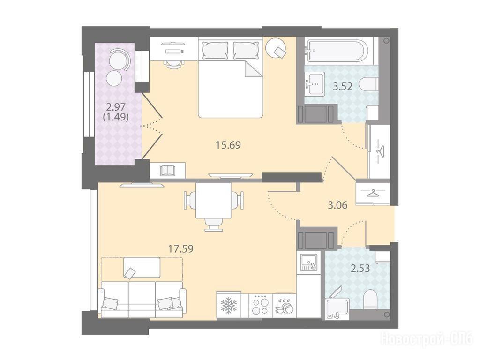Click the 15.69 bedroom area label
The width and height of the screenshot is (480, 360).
(228, 145)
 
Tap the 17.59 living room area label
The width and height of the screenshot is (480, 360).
(180, 248)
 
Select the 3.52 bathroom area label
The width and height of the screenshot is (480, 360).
(343, 87)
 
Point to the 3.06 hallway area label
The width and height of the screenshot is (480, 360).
(337, 205)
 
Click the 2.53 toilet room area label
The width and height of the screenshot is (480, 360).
(360, 269)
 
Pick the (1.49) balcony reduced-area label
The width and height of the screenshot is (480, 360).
(116, 117)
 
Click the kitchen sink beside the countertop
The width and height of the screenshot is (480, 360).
(308, 262)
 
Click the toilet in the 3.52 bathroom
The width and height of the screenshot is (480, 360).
(368, 84)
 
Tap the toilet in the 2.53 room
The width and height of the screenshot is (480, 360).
(370, 300)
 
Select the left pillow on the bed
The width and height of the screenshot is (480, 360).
(215, 50)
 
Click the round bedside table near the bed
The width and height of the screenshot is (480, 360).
(276, 48)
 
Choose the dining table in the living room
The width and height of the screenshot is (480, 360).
(214, 200)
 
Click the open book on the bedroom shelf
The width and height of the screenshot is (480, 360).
(167, 170)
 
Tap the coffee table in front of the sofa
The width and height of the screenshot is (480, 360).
(142, 267)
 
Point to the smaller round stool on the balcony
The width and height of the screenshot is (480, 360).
(114, 78)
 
